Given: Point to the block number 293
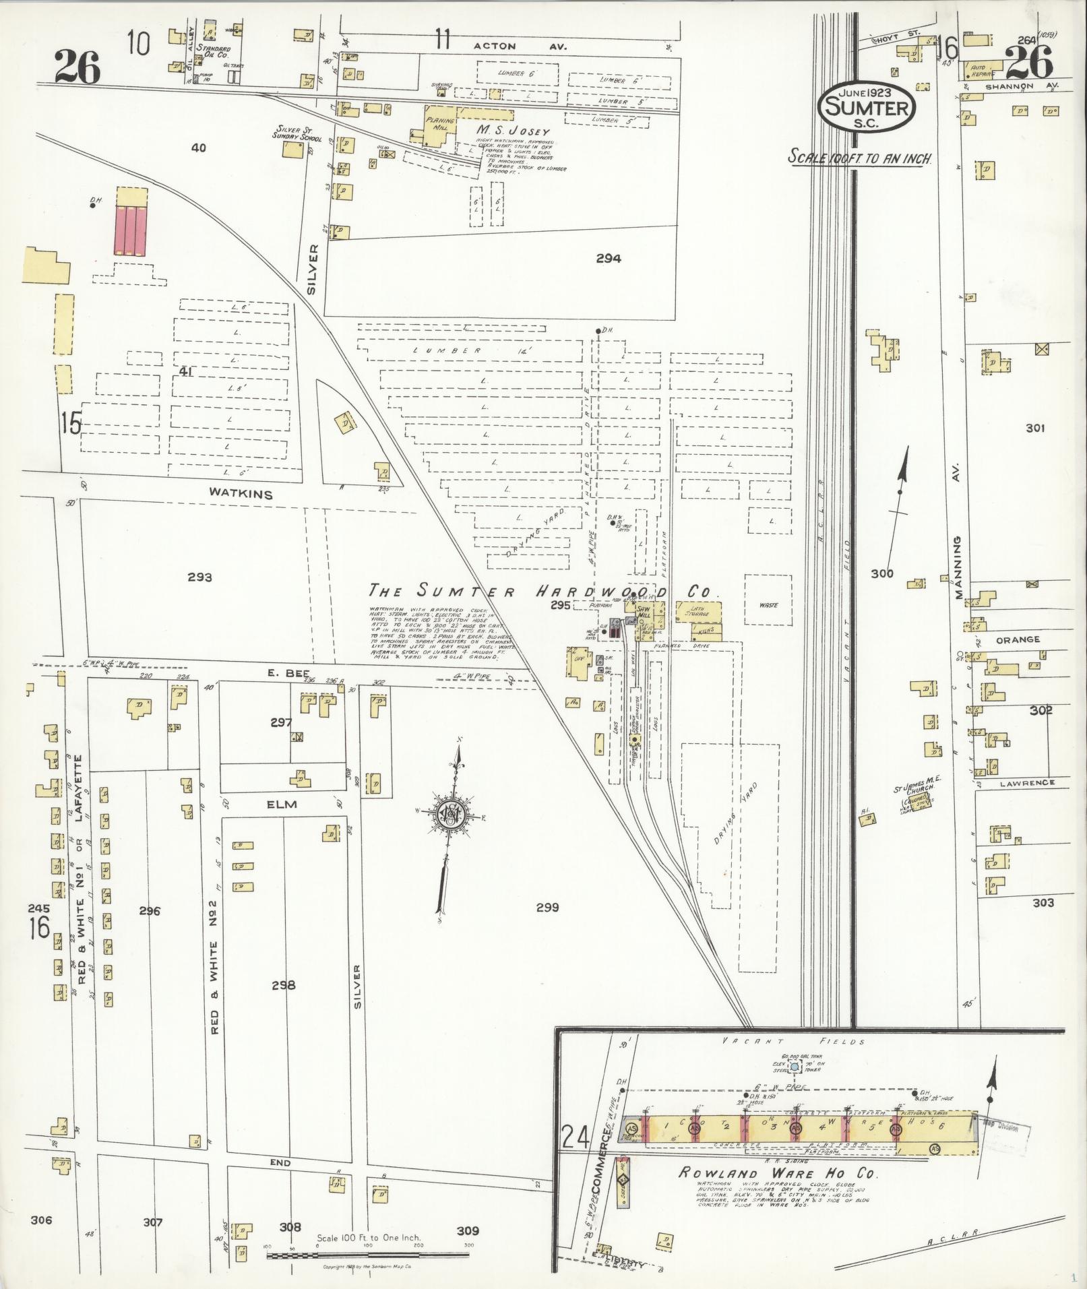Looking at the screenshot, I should point(199,577).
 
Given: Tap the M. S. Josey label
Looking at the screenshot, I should point(514,131).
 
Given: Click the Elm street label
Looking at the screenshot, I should point(281,804).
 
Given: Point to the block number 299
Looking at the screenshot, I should point(547,908).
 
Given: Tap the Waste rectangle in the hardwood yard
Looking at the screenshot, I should point(768,604).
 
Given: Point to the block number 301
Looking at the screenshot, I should point(1035,427).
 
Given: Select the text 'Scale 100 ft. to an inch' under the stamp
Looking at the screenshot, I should point(861,158).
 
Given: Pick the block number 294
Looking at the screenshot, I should point(608,257).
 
